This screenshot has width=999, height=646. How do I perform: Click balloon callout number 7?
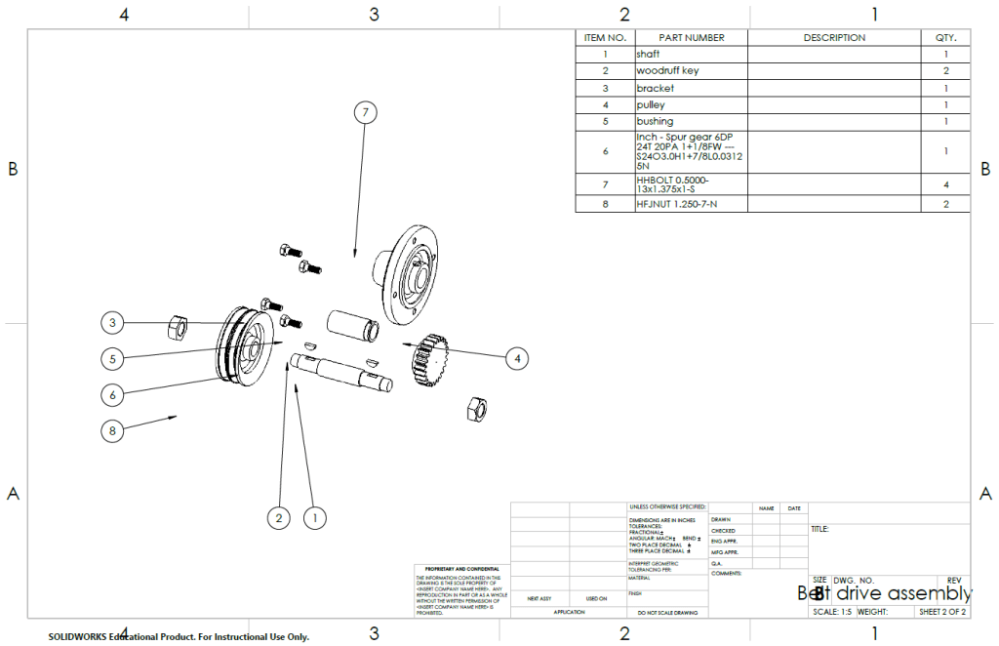(364, 113)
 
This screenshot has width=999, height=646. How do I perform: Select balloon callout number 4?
(518, 359)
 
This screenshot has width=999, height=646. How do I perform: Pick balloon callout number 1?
(314, 517)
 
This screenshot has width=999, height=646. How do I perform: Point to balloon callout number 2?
(279, 517)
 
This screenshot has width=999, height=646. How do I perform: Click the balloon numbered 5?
(114, 358)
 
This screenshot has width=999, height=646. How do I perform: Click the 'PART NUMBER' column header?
(691, 38)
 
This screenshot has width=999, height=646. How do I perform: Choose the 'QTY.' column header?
(945, 38)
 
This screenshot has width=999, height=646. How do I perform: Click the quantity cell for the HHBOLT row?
(945, 184)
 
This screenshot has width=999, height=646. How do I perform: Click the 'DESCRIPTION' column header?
(834, 38)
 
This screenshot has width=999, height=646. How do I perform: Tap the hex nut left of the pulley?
(178, 325)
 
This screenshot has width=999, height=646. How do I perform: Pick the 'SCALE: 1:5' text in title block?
(832, 613)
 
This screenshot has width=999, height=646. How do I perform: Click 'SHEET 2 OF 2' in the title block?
(942, 613)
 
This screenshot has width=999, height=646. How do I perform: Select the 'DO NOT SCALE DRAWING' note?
(667, 613)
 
